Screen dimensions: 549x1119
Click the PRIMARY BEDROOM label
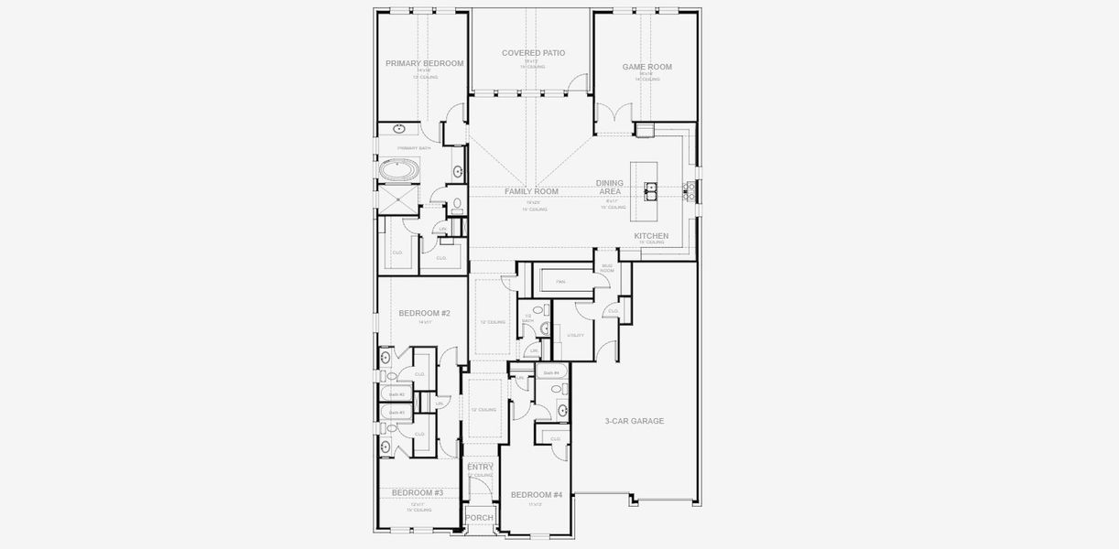424,64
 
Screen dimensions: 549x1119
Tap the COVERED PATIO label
533,53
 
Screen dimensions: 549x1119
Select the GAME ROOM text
646,67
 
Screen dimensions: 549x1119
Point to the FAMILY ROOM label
531,191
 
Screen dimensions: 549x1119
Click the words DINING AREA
610,187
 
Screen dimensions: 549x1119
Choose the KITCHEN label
651,236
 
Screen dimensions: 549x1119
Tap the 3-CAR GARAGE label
634,421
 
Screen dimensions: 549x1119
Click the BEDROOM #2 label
424,313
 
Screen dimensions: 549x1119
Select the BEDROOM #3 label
418,493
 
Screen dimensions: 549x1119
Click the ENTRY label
480,468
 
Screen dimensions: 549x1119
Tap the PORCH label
479,518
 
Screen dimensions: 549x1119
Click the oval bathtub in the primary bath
399,170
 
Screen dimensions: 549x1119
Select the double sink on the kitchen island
651,190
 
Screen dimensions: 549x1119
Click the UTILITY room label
575,336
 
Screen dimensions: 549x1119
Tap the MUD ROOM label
607,268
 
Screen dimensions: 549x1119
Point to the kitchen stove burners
690,190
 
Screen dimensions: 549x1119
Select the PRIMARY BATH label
414,148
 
